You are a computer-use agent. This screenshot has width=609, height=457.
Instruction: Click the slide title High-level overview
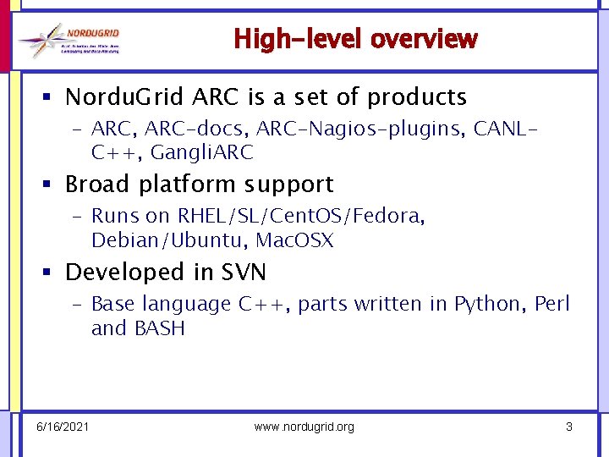(355, 39)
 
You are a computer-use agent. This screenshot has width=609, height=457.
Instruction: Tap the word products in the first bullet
(416, 97)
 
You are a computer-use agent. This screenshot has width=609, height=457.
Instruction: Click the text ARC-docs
(180, 129)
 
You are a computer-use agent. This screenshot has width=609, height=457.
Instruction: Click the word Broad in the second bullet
(96, 184)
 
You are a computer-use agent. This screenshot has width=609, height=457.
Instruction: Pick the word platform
(184, 184)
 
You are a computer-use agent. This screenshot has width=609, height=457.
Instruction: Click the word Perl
(552, 304)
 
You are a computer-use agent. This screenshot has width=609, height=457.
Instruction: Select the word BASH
(159, 328)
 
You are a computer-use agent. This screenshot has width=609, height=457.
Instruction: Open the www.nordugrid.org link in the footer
(304, 427)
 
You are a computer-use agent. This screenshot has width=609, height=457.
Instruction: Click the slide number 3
(569, 427)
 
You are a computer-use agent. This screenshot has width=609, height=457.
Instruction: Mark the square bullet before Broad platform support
(52, 184)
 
